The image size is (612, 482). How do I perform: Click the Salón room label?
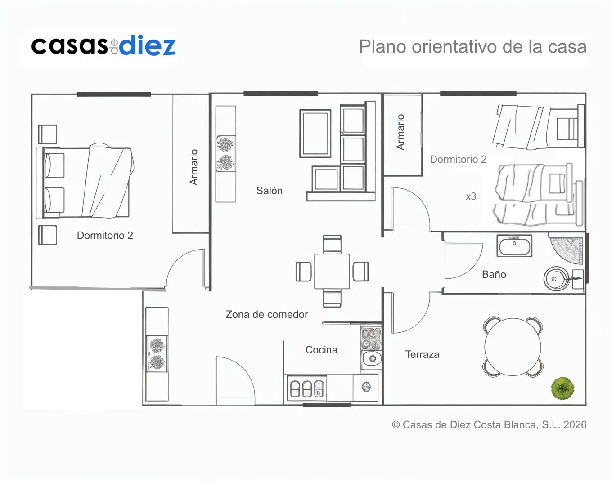(x=269, y=191)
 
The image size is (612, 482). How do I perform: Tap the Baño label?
(x=494, y=274)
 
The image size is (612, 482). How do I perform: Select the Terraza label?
(x=422, y=354)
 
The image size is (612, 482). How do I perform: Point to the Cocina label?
(x=321, y=349)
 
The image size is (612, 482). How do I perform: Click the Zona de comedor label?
(x=267, y=314)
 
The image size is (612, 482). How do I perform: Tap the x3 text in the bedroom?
(x=471, y=196)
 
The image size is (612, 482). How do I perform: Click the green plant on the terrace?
(x=562, y=388)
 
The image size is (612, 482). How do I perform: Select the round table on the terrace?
(x=513, y=347)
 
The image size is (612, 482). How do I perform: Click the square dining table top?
(x=332, y=272)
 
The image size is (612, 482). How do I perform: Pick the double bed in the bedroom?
(x=85, y=182)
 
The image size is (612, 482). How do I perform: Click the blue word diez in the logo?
(x=147, y=45)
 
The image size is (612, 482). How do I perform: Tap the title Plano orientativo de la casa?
(x=472, y=46)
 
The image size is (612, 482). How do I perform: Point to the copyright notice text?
(x=489, y=424)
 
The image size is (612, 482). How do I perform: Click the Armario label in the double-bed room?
(x=193, y=167)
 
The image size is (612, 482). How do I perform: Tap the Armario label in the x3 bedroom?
(x=400, y=132)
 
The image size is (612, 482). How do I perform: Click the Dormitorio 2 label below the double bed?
(x=105, y=235)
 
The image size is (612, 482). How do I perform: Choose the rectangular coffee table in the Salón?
(x=315, y=134)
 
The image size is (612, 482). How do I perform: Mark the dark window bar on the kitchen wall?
(x=327, y=405)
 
